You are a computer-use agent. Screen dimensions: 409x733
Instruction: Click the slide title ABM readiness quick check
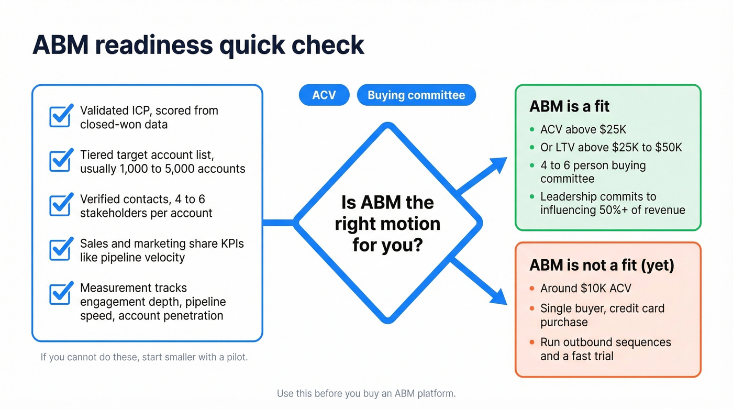[x=198, y=45]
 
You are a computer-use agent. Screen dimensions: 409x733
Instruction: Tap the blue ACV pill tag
[x=324, y=95]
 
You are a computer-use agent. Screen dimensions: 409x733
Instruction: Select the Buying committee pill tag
[x=416, y=95]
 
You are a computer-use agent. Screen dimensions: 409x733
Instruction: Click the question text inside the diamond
[x=387, y=224]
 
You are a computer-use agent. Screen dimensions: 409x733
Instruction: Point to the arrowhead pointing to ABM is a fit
[x=498, y=166]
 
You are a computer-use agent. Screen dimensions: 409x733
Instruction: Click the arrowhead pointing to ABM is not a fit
[x=498, y=295]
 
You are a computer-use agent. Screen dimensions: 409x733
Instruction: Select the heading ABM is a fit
[x=569, y=107]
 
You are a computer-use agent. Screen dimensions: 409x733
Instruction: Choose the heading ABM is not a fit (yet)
[x=602, y=265]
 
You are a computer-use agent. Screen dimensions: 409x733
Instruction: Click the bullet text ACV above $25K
[x=583, y=130]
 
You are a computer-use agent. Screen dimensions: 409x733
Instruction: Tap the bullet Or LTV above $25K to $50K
[x=611, y=148]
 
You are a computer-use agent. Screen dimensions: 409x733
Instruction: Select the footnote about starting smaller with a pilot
[x=144, y=358]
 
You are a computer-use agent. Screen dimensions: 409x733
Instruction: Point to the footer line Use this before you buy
[x=366, y=393]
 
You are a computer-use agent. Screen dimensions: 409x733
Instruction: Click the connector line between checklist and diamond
[x=278, y=223]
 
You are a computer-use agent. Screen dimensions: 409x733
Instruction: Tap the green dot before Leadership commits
[x=532, y=197]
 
